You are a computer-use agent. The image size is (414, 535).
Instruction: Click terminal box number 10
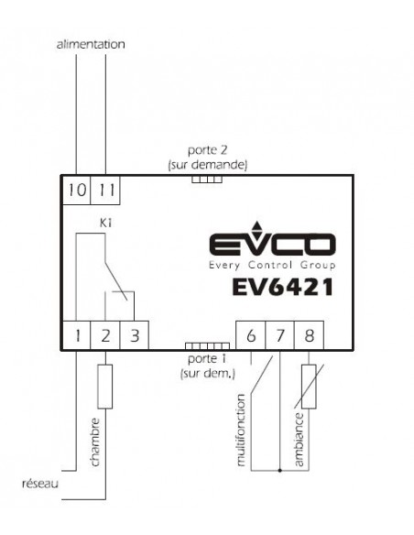[77, 190]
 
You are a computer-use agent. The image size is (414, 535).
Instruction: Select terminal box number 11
[105, 190]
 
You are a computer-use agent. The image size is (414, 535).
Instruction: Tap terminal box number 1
[76, 335]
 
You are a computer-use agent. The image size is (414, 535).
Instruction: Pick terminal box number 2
[105, 335]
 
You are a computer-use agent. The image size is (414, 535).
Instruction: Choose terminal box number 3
[135, 335]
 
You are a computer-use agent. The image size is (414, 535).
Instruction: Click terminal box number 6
[251, 335]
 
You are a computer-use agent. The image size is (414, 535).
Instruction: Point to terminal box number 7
[279, 335]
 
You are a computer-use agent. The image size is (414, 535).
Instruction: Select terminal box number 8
[309, 335]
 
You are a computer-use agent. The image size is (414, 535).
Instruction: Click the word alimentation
[91, 44]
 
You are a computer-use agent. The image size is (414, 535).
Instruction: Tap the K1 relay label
[105, 224]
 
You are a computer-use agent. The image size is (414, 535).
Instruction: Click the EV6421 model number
[282, 287]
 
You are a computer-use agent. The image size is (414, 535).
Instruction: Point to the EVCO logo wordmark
[272, 245]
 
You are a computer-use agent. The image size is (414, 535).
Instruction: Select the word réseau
[40, 484]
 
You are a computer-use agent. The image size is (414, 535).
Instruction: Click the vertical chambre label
[95, 442]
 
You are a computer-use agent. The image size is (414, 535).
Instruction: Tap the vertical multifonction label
[241, 431]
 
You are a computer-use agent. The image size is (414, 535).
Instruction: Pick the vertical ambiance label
[299, 440]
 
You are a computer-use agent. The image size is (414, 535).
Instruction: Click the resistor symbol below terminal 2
[105, 387]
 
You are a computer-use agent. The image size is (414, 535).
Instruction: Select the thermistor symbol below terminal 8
[309, 387]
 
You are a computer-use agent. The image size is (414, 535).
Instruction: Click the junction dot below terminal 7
[279, 471]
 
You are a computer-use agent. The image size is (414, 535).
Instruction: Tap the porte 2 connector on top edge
[207, 180]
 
